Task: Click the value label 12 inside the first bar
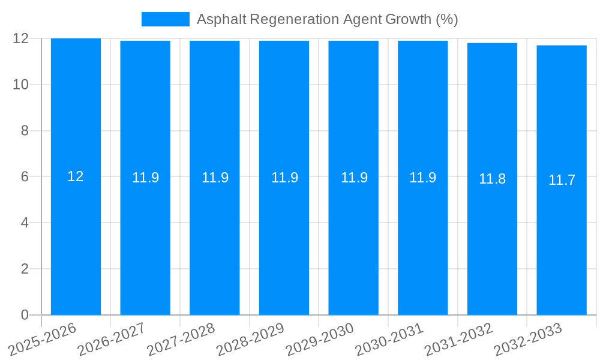click(76, 176)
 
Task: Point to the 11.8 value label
click(492, 179)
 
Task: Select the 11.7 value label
click(562, 180)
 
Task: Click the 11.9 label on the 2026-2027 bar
click(145, 178)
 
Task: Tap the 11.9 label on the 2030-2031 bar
click(422, 178)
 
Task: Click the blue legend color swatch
click(165, 19)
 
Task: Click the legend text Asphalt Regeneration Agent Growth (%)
click(327, 19)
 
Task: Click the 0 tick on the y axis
click(25, 315)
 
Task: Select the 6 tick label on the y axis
click(25, 177)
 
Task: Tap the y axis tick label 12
click(21, 38)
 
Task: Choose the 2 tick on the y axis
click(25, 269)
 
